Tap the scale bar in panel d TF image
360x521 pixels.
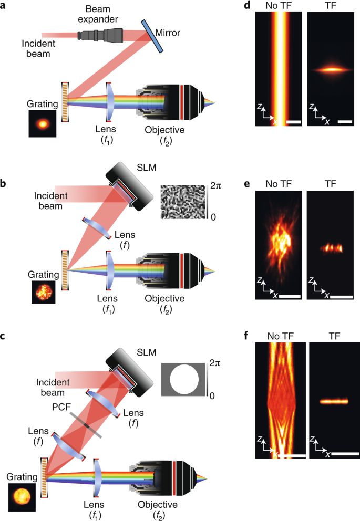click(x=345, y=122)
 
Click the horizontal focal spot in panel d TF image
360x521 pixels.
click(x=330, y=69)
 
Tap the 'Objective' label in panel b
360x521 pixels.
click(x=165, y=298)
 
